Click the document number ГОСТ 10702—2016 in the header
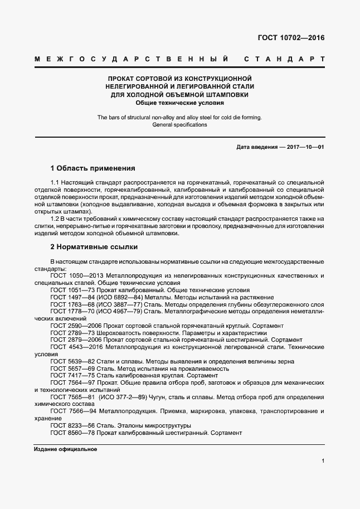[x=290, y=38]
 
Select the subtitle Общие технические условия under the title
[x=179, y=103]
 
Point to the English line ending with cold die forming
[x=179, y=118]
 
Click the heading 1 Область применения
[x=93, y=168]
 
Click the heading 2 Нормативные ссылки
[x=94, y=246]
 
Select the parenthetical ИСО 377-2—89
[x=123, y=397]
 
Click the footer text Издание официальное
[x=66, y=449]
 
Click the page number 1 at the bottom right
[x=323, y=460]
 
